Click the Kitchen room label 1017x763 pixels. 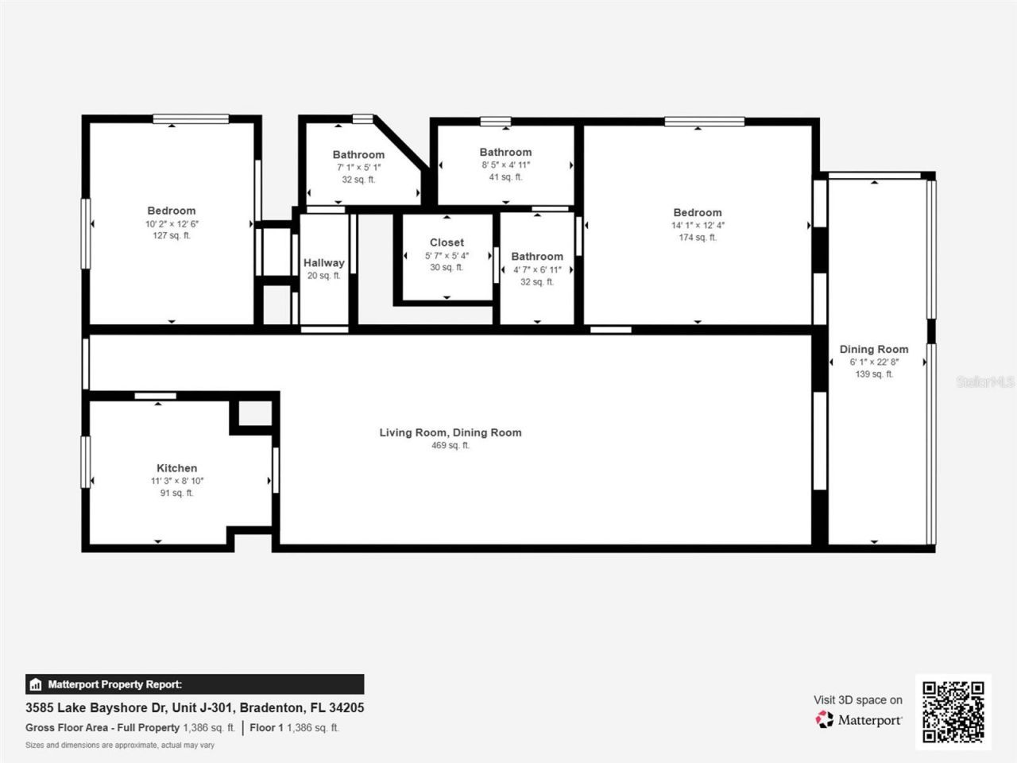tap(176, 468)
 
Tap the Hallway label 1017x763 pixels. tap(323, 263)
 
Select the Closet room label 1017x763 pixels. tap(447, 242)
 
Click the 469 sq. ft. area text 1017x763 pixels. tap(450, 446)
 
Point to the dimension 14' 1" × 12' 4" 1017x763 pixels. tap(698, 225)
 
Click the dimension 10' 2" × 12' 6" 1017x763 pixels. tap(172, 224)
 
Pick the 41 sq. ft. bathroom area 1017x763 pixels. tap(505, 177)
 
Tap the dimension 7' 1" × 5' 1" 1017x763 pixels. tap(358, 168)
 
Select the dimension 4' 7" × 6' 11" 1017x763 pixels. tap(537, 269)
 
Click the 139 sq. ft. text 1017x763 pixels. tap(874, 374)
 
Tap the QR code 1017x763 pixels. tap(953, 711)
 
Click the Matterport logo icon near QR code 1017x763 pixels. tap(825, 719)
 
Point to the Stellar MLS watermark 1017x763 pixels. tap(984, 381)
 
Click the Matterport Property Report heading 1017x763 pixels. tap(114, 684)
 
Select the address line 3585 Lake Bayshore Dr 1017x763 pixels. tap(195, 707)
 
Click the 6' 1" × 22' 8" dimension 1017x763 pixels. tap(874, 362)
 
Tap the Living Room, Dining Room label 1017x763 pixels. tap(450, 432)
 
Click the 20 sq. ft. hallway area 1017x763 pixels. tap(323, 276)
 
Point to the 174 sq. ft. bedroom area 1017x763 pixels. tap(698, 238)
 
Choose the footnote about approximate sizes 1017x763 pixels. tap(120, 746)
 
